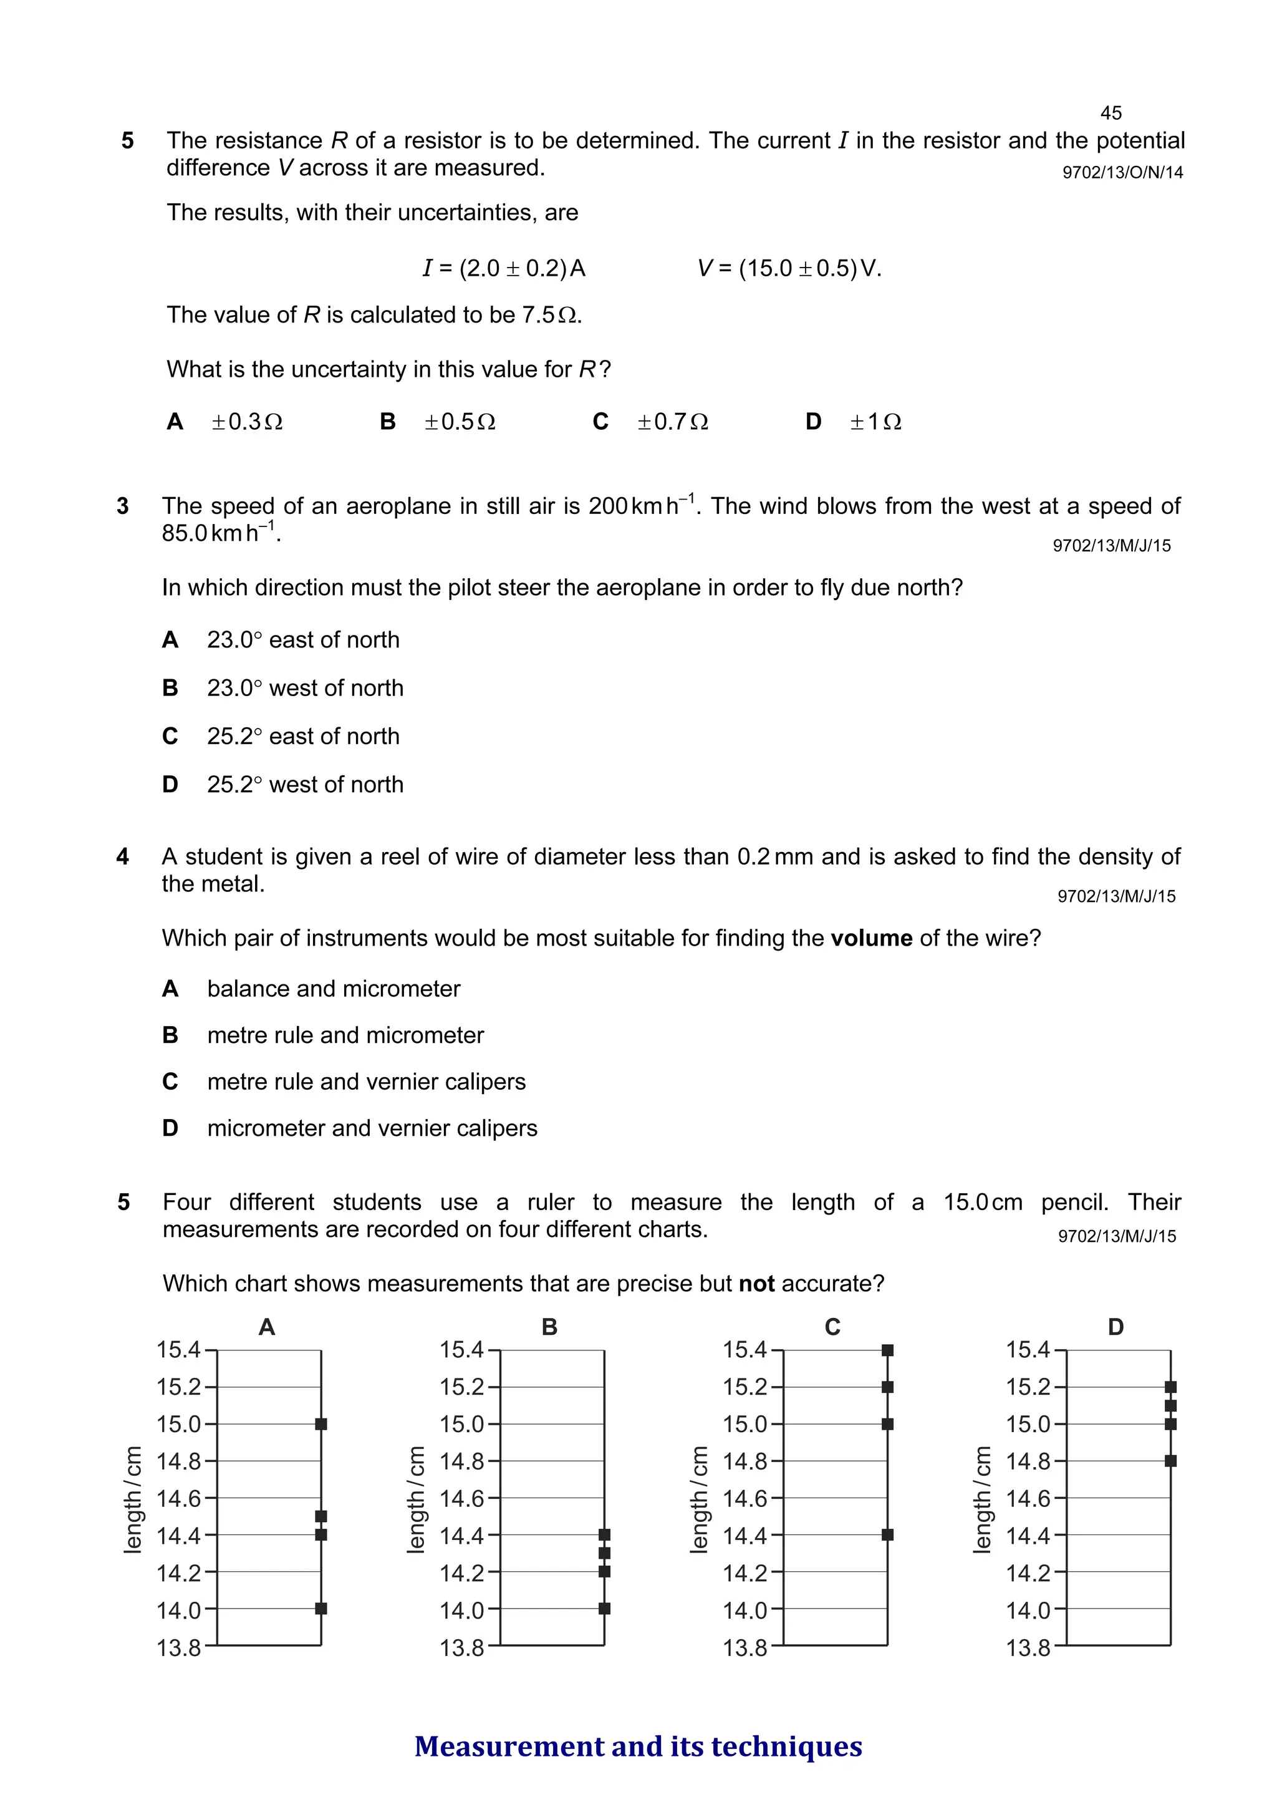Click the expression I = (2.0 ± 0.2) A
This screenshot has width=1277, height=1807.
[x=504, y=268]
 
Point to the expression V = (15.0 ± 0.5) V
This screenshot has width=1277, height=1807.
[x=789, y=268]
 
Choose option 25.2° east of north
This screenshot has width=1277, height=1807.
[x=303, y=736]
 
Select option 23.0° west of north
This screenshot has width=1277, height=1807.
[x=304, y=688]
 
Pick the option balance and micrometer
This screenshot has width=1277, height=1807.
[x=334, y=989]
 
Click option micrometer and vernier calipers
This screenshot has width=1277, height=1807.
[x=372, y=1128]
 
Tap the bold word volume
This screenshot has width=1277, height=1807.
[x=871, y=938]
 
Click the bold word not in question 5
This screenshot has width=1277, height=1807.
[x=756, y=1284]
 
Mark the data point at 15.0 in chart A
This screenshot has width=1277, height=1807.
[x=321, y=1424]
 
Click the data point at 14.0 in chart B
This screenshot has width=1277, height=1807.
[x=604, y=1609]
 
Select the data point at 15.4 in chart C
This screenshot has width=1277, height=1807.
[x=887, y=1350]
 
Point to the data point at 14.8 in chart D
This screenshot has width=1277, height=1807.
[x=1171, y=1461]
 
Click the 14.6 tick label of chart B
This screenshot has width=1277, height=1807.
[x=462, y=1498]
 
